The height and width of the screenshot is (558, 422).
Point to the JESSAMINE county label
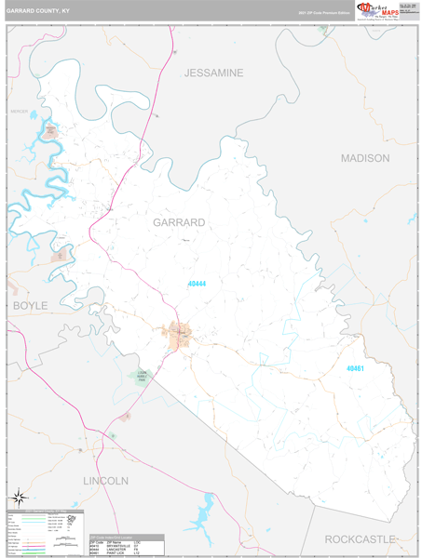(213, 73)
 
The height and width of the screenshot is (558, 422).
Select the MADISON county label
(364, 158)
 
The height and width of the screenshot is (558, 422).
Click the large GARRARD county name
(178, 222)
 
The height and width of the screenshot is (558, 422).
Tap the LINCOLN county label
(104, 481)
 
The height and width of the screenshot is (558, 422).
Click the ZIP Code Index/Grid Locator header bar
(127, 537)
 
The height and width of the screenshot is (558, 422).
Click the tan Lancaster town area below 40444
(178, 334)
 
